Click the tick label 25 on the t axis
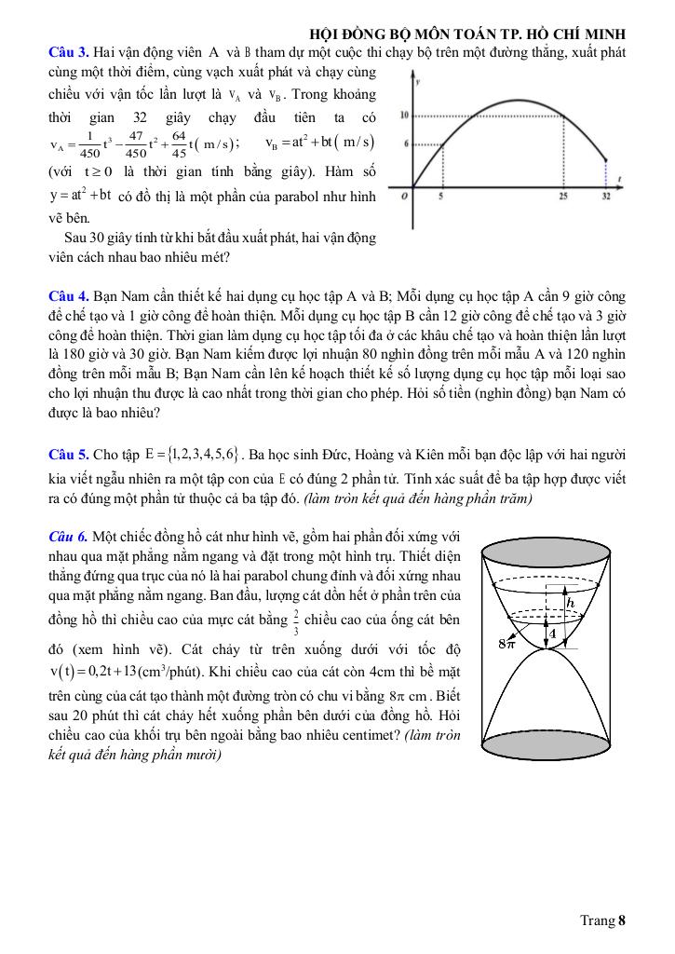(564, 198)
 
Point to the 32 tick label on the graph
(607, 198)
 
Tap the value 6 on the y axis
(407, 143)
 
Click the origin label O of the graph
(405, 197)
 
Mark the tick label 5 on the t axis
(440, 198)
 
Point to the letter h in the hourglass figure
(572, 602)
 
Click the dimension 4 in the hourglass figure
(551, 634)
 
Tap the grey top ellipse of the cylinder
(555, 554)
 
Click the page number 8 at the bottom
(621, 921)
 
